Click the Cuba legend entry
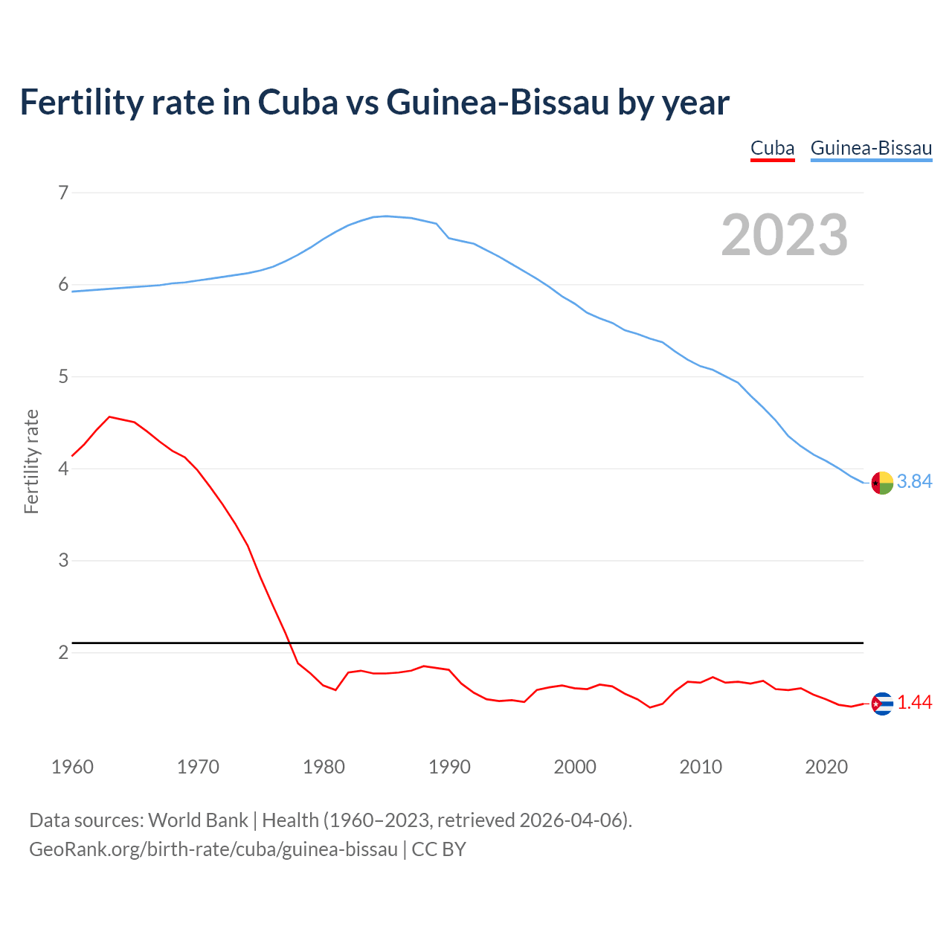tap(772, 148)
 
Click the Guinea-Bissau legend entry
tap(871, 148)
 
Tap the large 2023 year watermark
tap(784, 235)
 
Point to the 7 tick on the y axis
tap(63, 193)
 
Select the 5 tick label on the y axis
tap(63, 377)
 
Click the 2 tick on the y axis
tap(63, 652)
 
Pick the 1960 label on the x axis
tap(72, 767)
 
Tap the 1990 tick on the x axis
tap(449, 767)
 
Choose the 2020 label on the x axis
tap(826, 767)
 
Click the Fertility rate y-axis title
tap(31, 461)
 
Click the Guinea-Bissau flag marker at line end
tap(881, 483)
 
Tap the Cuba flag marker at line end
tap(881, 704)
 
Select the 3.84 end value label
tap(914, 482)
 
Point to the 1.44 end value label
tap(914, 703)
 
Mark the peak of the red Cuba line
tap(110, 417)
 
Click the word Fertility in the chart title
tap(80, 102)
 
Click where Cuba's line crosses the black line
tap(289, 642)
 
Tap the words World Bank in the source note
tap(198, 820)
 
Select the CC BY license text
tap(439, 849)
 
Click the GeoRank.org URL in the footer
tap(213, 849)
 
